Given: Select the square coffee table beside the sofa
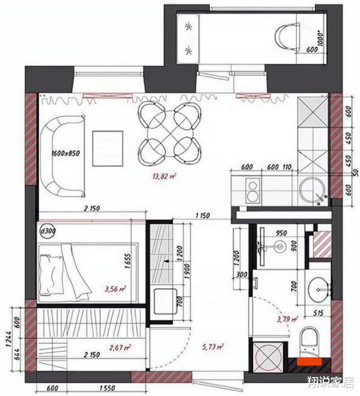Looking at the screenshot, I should [x=107, y=148].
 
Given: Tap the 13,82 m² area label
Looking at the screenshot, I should [x=164, y=177].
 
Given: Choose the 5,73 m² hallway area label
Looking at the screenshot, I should [x=213, y=346].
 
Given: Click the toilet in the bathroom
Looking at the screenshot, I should [x=308, y=341].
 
